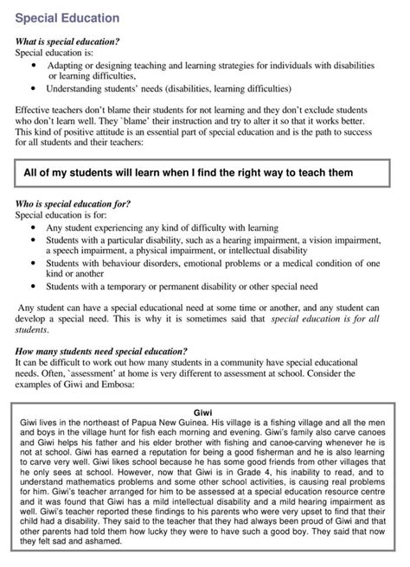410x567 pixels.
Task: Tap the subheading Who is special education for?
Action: (x=74, y=203)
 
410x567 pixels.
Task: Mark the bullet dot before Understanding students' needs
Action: (x=34, y=87)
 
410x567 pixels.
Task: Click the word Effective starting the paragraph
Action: (x=37, y=110)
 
